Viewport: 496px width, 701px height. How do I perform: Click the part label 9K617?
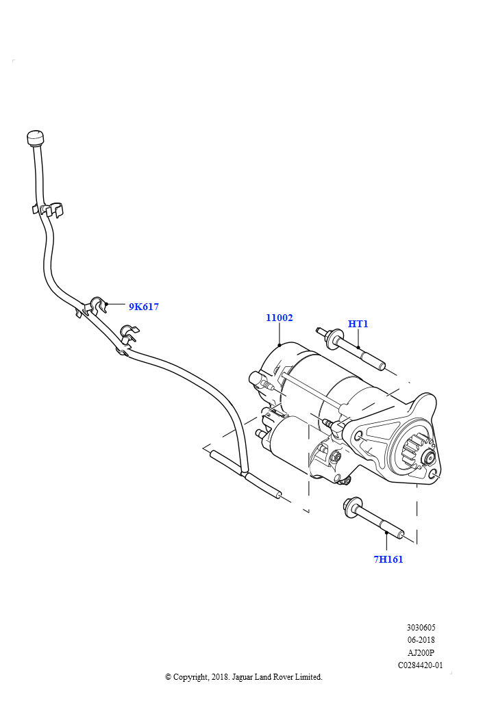144,307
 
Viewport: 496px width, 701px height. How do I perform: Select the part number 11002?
280,318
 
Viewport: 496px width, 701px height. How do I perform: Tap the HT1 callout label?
358,323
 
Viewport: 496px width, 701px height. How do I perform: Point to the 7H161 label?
388,559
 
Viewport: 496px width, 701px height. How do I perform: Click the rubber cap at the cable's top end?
36,138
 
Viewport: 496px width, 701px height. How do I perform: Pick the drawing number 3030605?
421,627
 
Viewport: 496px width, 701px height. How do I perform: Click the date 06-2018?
421,639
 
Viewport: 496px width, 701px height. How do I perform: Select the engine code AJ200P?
421,652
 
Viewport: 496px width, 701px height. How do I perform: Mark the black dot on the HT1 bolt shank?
358,348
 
